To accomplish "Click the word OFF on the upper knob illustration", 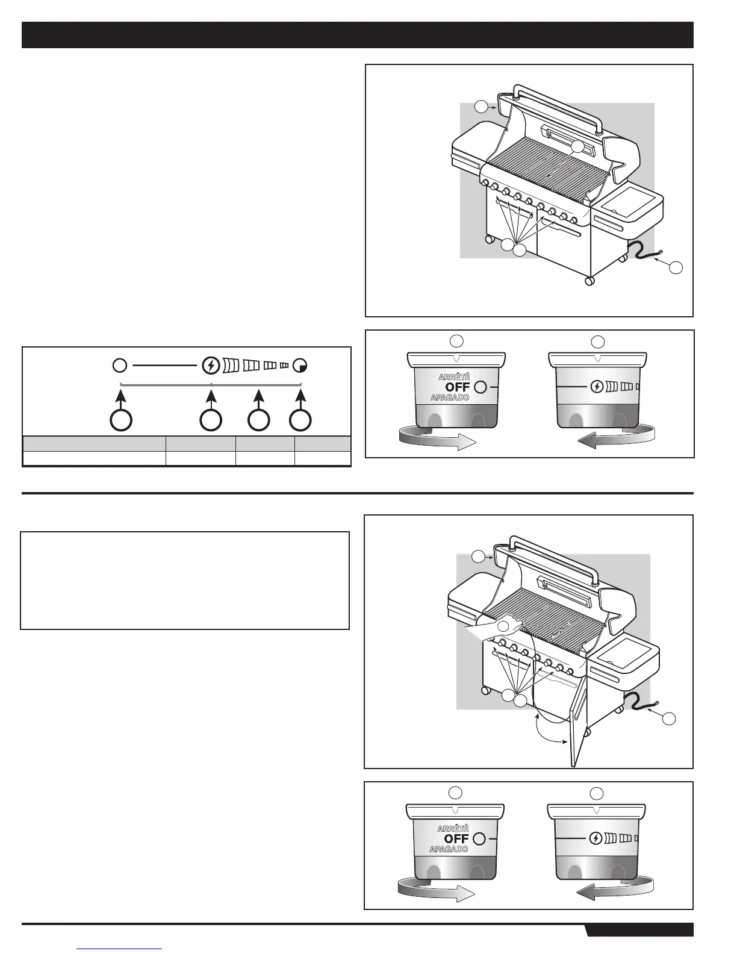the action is tap(458, 387).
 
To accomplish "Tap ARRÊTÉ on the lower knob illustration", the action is tap(452, 829).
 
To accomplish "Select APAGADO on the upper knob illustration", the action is tap(450, 397).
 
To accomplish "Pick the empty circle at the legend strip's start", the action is tap(119, 365).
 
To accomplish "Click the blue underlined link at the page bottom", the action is tap(120, 949).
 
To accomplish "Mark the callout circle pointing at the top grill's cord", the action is tap(676, 266).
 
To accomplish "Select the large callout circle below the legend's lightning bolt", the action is tap(210, 420).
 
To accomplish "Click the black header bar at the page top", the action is tap(358, 35).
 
